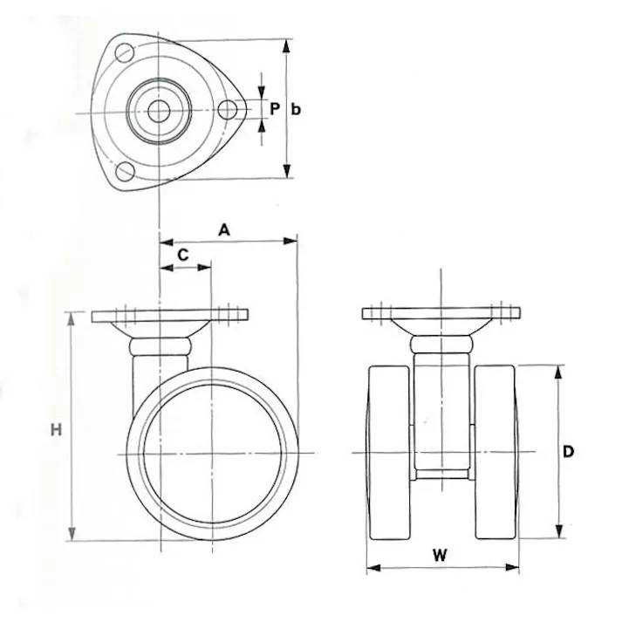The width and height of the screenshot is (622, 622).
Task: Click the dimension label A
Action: coord(223,229)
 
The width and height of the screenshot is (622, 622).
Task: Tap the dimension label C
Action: coord(184,254)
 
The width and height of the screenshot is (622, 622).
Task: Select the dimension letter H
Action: coord(56,429)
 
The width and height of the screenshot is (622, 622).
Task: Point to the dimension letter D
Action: coord(567,452)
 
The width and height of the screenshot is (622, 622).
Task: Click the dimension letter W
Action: coord(441,554)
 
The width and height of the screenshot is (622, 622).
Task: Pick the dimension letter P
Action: coord(274,109)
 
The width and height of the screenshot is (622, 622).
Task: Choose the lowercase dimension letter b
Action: coord(297,109)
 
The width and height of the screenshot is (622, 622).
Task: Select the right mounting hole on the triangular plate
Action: coord(228,110)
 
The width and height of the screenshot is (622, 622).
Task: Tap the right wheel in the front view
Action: coord(496,452)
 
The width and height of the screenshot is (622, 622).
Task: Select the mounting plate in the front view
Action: coord(442,314)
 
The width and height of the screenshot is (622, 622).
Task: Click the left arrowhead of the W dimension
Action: coord(370,569)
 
